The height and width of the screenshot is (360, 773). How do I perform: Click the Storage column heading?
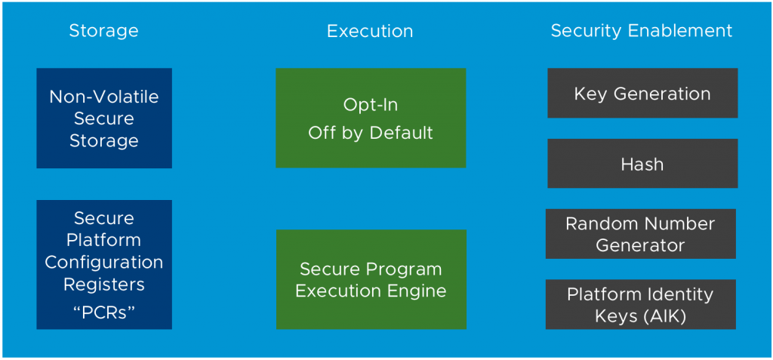103,32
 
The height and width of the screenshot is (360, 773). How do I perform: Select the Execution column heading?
370,32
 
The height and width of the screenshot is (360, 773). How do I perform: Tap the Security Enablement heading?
642,32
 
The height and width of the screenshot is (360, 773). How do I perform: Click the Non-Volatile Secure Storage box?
104,118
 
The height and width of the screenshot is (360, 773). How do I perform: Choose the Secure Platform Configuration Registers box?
104,264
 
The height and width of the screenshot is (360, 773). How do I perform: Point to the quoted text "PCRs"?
103,312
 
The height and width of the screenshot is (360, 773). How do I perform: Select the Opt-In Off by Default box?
371,118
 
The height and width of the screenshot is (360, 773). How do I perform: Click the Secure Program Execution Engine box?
371,279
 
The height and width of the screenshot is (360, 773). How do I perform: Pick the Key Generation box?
642,93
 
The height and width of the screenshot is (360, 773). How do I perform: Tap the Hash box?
642,163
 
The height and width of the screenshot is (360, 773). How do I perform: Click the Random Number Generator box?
641,234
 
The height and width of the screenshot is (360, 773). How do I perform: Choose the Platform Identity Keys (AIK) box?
641,304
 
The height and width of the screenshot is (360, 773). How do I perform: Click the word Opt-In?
371,106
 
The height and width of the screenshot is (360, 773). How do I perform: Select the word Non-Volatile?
104,97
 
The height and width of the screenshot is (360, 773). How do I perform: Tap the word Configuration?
104,263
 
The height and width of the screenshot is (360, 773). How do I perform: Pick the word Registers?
104,285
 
